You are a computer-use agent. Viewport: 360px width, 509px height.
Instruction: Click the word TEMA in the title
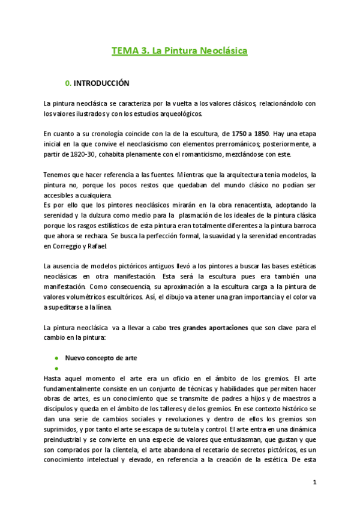123,52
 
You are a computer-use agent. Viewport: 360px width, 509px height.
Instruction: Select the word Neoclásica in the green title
221,52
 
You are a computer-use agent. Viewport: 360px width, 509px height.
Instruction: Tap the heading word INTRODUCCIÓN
102,83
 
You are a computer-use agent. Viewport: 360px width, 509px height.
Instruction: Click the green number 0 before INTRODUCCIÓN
67,83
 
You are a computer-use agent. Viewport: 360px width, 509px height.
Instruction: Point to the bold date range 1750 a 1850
248,133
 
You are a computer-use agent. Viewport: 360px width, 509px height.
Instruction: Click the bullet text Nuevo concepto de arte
101,358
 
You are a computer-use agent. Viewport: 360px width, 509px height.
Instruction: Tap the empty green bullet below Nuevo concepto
56,368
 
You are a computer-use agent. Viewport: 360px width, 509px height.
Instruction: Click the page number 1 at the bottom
314,482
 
